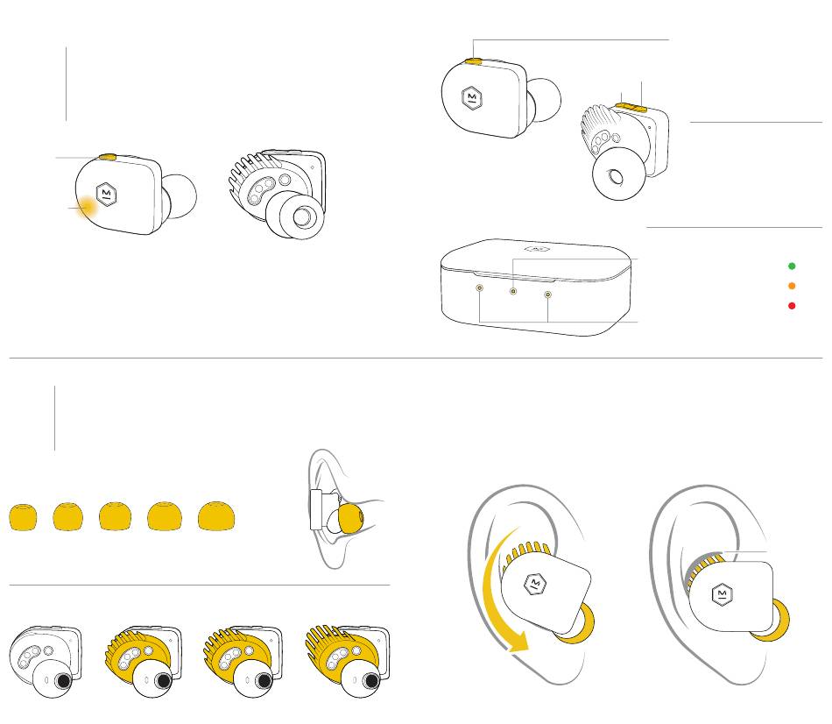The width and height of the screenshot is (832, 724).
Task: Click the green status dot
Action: [x=792, y=265]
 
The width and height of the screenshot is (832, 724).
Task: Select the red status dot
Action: [x=792, y=306]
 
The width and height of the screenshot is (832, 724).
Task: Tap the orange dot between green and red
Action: [x=792, y=286]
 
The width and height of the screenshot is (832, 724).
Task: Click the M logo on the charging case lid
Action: [x=539, y=249]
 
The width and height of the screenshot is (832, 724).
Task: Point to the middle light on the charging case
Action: [x=513, y=291]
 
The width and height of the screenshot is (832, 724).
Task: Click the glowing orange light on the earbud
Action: [x=88, y=208]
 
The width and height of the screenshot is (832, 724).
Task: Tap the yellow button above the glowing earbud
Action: [x=109, y=157]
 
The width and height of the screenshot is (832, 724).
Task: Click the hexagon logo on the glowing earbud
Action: [x=105, y=192]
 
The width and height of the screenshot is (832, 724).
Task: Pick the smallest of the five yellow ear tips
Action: [x=24, y=517]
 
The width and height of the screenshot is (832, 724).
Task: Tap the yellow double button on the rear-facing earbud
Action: [x=631, y=106]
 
